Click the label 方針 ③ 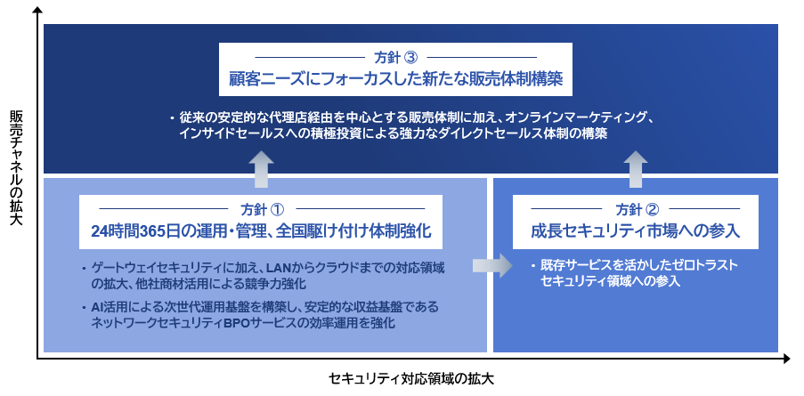pyautogui.click(x=395, y=57)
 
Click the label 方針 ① pyautogui.click(x=262, y=209)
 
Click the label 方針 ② pyautogui.click(x=636, y=209)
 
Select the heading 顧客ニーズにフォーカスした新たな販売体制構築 pyautogui.click(x=395, y=80)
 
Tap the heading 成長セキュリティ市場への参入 pyautogui.click(x=636, y=231)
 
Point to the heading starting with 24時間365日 pyautogui.click(x=262, y=231)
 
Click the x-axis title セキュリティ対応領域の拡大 pyautogui.click(x=411, y=379)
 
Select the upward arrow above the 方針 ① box pyautogui.click(x=263, y=170)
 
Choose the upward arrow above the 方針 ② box pyautogui.click(x=636, y=170)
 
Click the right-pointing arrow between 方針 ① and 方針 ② pyautogui.click(x=491, y=265)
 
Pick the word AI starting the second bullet pyautogui.click(x=97, y=308)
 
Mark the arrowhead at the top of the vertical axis pyautogui.click(x=37, y=12)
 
